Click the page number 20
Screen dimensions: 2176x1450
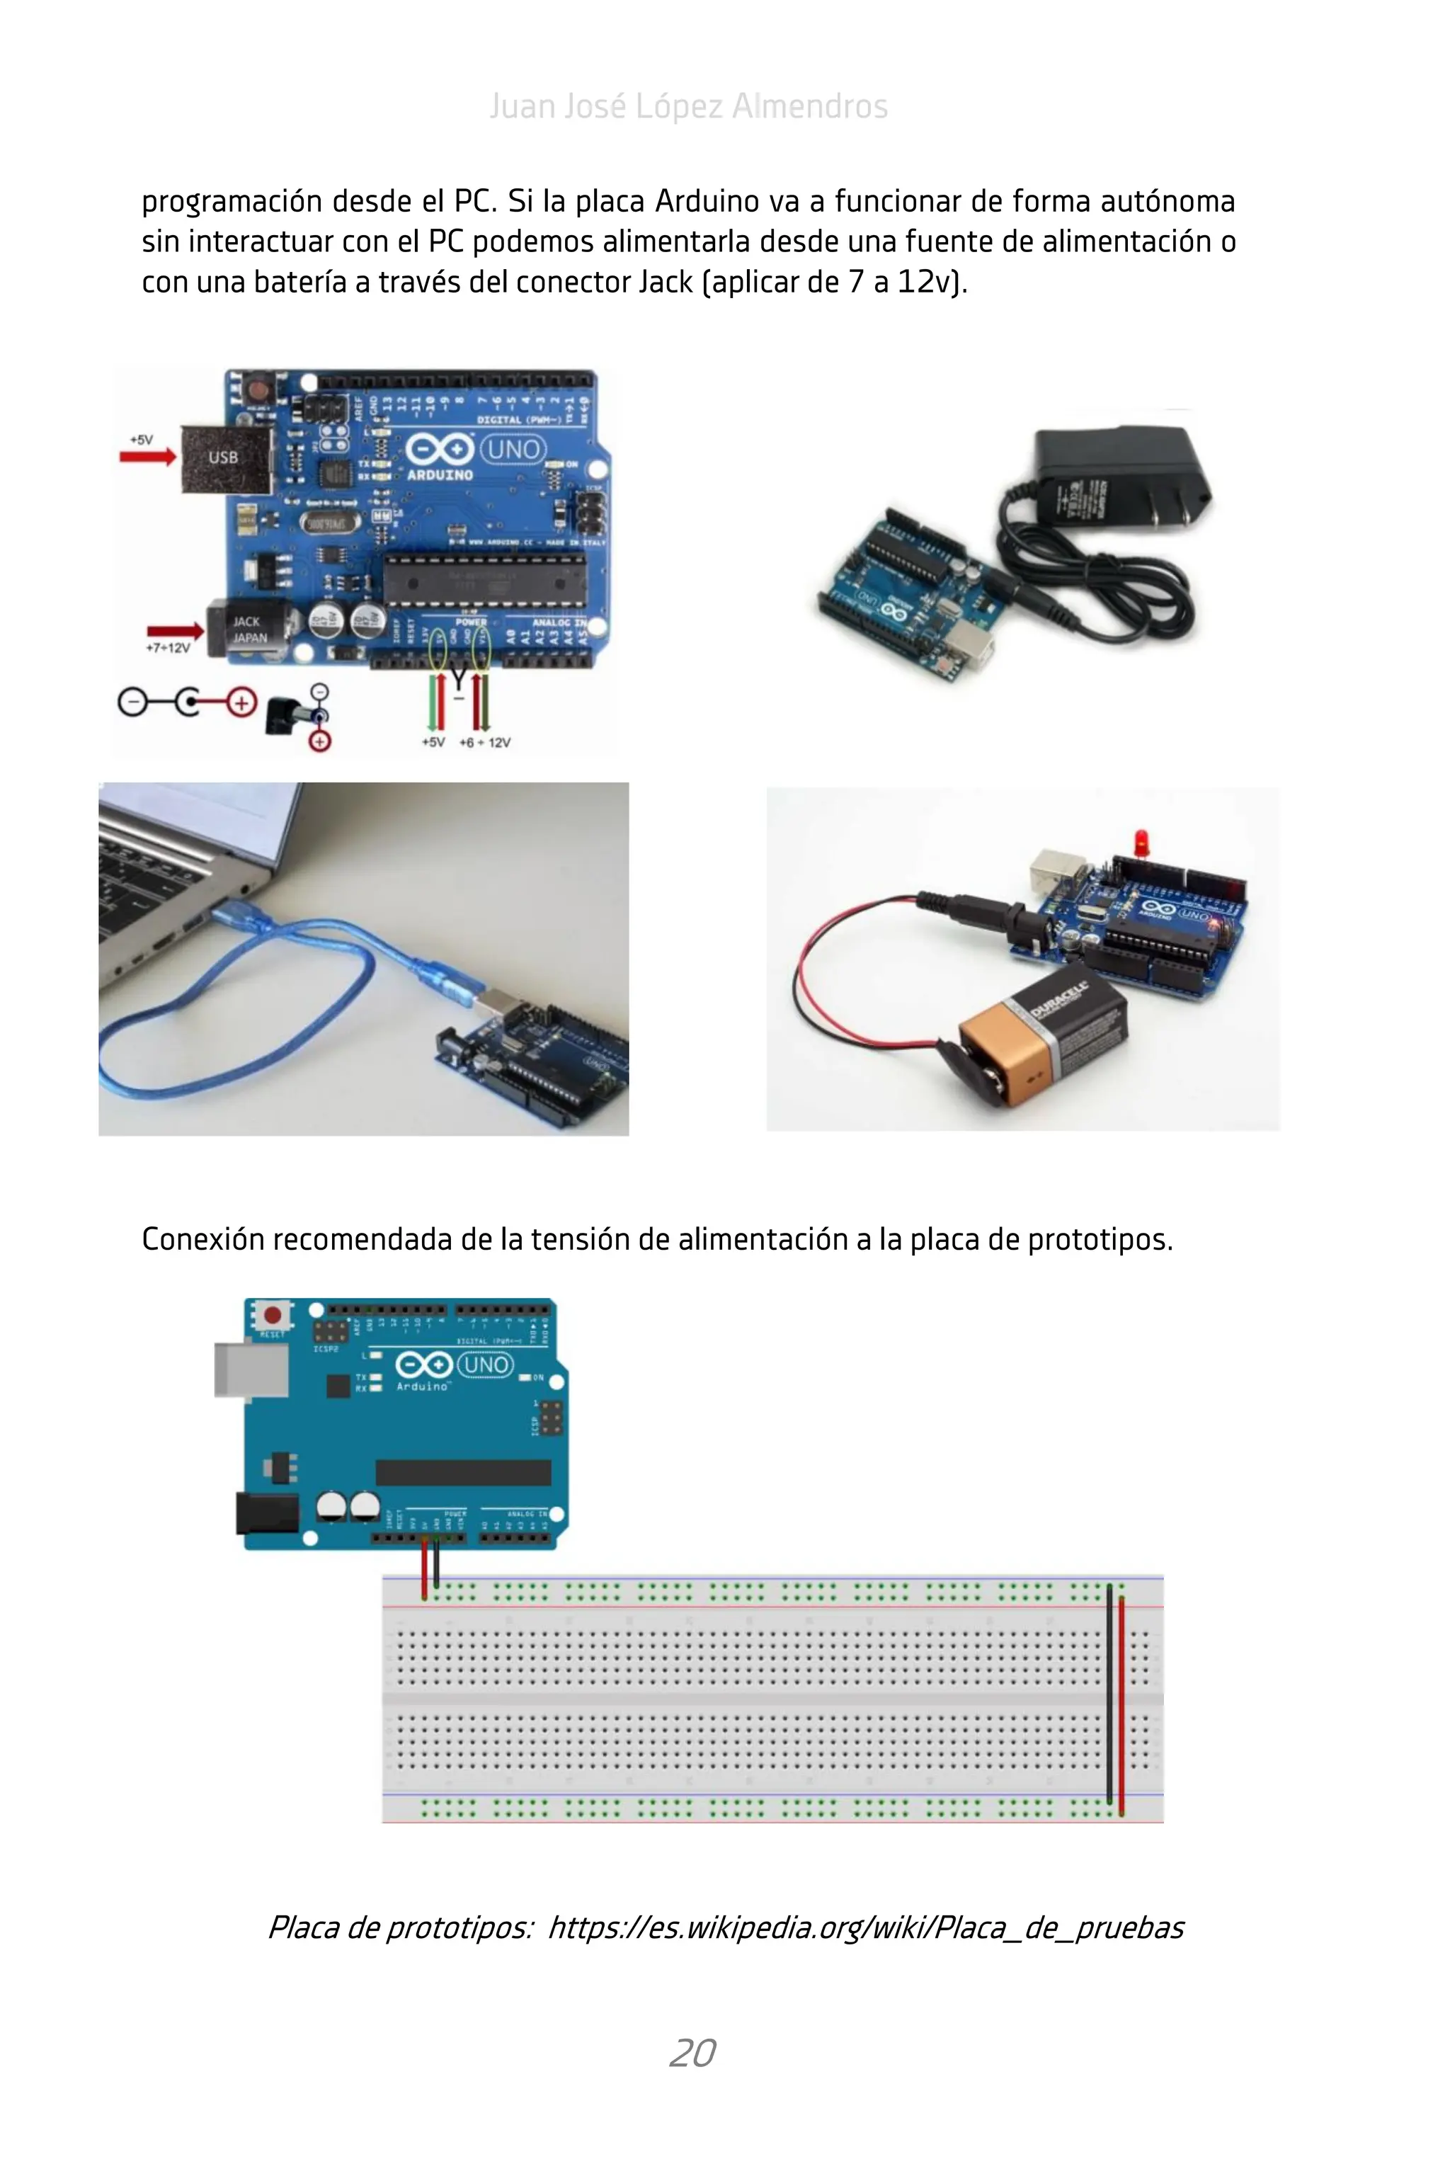tap(692, 2053)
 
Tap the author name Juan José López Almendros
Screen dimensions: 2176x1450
tap(688, 106)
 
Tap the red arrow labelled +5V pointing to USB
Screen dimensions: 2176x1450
tap(148, 456)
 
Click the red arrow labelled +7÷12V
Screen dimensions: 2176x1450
tap(176, 632)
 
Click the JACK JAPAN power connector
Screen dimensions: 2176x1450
tap(248, 629)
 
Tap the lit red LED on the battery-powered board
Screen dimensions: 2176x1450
tap(1141, 841)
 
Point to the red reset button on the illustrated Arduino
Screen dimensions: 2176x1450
tap(273, 1314)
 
